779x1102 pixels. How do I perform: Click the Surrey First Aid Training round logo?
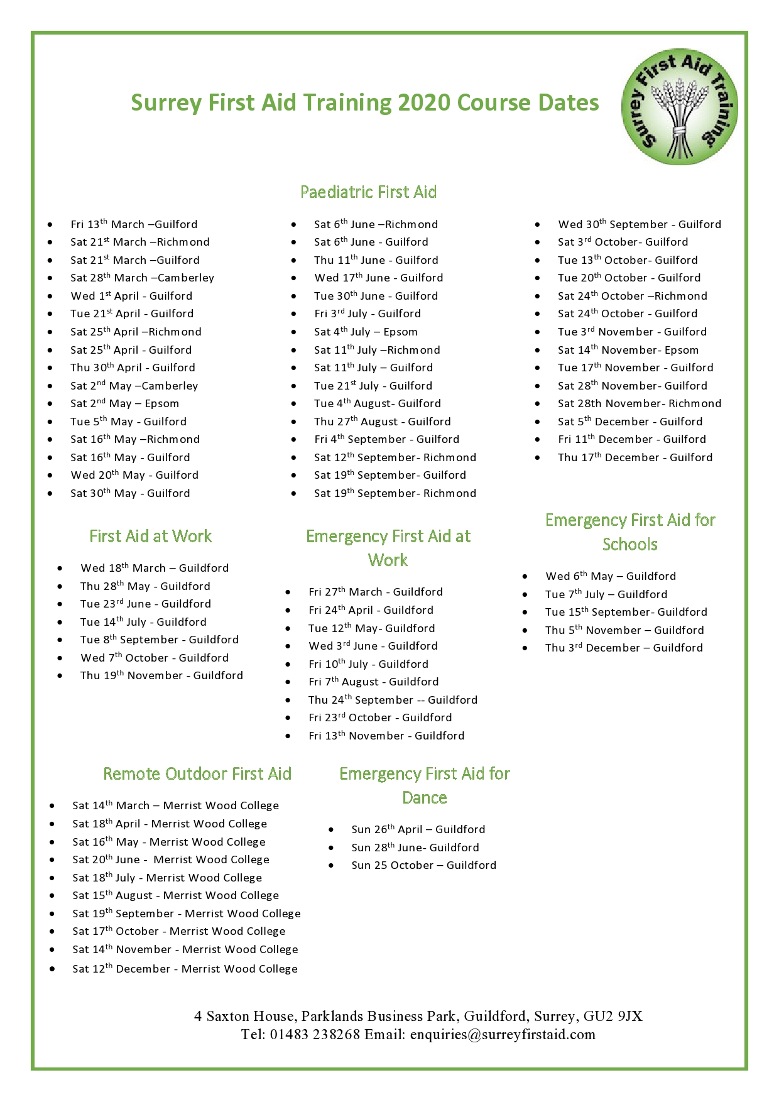click(679, 107)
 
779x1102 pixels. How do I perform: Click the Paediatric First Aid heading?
click(368, 192)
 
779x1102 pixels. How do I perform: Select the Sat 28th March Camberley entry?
click(142, 278)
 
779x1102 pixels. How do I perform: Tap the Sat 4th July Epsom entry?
click(366, 332)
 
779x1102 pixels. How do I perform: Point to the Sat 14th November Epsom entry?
click(628, 350)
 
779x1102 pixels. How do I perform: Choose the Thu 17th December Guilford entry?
click(635, 457)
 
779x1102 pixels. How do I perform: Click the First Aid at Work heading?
click(150, 536)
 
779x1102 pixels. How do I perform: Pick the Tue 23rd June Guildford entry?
click(145, 604)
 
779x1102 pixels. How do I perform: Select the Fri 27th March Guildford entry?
click(375, 592)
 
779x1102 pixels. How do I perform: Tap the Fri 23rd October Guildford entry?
click(379, 717)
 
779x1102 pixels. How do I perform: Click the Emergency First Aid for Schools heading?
click(629, 532)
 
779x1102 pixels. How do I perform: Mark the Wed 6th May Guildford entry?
click(610, 576)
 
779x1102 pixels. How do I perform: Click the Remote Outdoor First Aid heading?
click(197, 773)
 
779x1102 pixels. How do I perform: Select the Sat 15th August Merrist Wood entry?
click(175, 895)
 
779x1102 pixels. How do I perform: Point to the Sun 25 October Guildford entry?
click(423, 865)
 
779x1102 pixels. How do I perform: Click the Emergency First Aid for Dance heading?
click(424, 785)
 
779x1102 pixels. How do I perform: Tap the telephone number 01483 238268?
click(315, 1034)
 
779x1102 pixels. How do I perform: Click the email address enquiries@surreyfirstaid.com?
click(503, 1034)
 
